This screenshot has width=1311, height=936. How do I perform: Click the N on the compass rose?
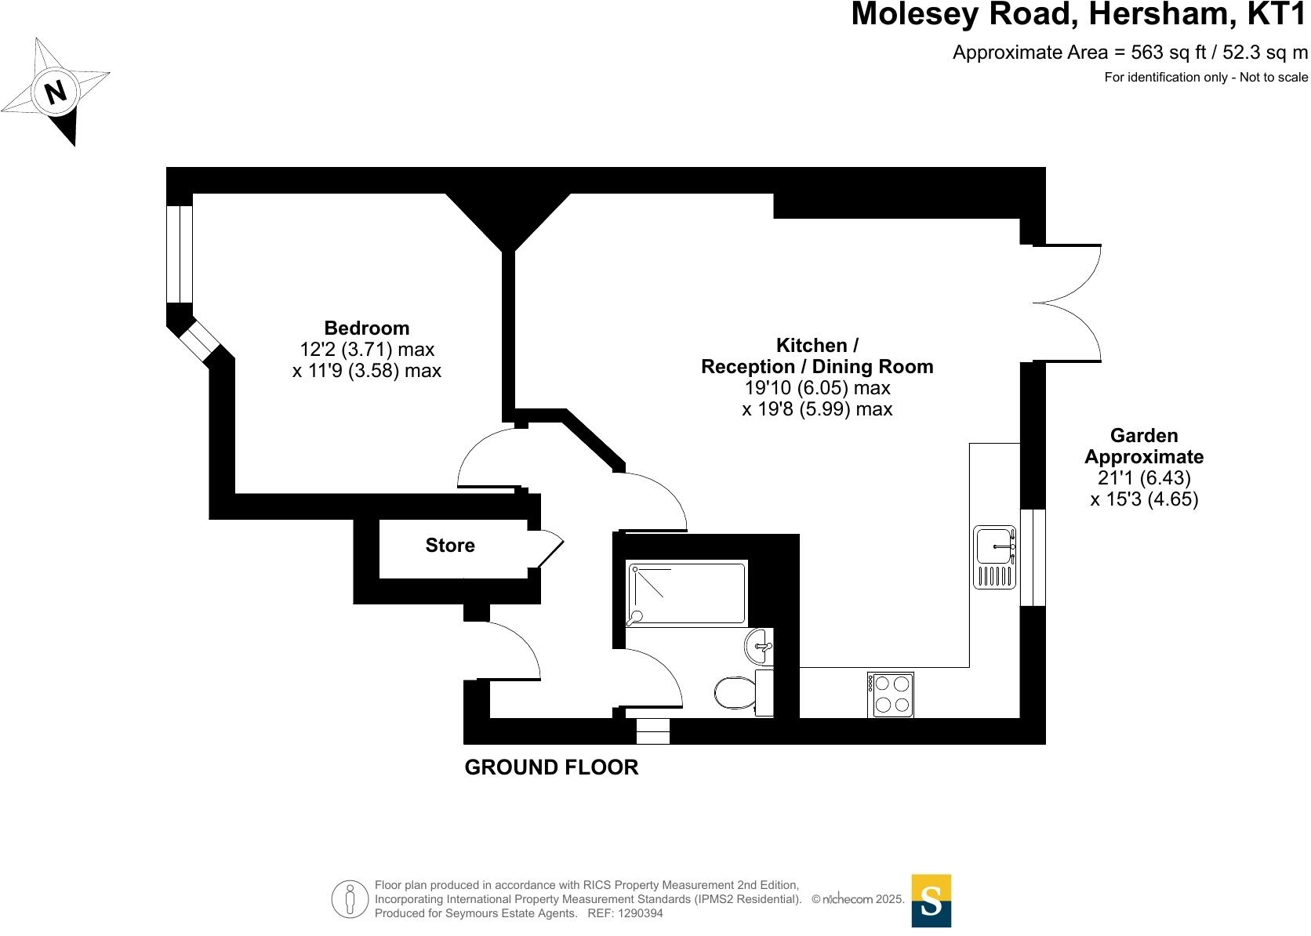point(55,93)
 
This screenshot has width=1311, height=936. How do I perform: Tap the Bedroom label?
point(366,328)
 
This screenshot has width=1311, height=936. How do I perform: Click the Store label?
point(450,546)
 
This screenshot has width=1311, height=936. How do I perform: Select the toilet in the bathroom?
point(735,692)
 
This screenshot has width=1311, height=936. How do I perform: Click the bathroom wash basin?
point(758,647)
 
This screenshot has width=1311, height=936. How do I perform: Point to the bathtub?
point(686,594)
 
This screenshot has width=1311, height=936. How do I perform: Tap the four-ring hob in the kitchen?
point(891,695)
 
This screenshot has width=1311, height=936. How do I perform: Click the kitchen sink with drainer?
point(995,557)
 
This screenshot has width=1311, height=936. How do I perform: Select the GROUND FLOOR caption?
point(551,767)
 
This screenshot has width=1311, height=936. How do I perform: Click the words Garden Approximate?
point(1144,446)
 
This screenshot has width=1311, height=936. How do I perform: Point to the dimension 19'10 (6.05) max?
point(817,388)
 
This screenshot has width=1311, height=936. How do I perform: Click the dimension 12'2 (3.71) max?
point(366,349)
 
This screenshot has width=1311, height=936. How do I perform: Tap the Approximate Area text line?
point(1130,53)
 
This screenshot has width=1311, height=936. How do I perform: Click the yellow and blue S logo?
point(931,901)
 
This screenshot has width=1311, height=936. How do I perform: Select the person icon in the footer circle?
point(350,900)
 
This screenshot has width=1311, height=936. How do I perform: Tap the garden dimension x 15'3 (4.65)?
point(1144,499)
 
